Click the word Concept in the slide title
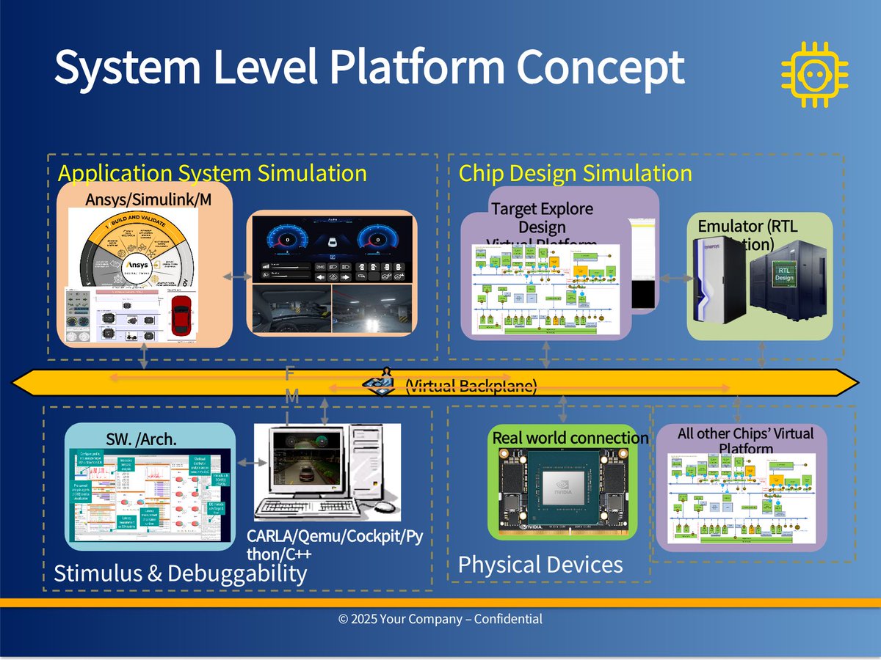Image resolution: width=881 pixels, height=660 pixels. pyautogui.click(x=601, y=67)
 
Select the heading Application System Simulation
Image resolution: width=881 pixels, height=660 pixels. pyautogui.click(x=212, y=174)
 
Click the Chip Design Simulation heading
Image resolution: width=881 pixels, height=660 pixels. pyautogui.click(x=575, y=174)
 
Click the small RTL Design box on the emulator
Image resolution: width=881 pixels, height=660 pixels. pyautogui.click(x=785, y=274)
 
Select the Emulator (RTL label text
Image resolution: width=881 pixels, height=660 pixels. pyautogui.click(x=747, y=226)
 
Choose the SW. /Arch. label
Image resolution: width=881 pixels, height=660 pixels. pyautogui.click(x=142, y=440)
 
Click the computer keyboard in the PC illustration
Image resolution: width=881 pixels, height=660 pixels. pyautogui.click(x=313, y=506)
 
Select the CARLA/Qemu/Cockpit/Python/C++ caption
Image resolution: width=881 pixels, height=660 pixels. pyautogui.click(x=334, y=544)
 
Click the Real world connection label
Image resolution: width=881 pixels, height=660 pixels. pyautogui.click(x=570, y=439)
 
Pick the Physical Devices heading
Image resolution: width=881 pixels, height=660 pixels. pyautogui.click(x=540, y=565)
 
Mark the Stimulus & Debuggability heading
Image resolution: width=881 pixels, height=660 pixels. pyautogui.click(x=181, y=573)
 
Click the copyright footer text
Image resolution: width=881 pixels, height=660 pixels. pyautogui.click(x=440, y=619)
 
